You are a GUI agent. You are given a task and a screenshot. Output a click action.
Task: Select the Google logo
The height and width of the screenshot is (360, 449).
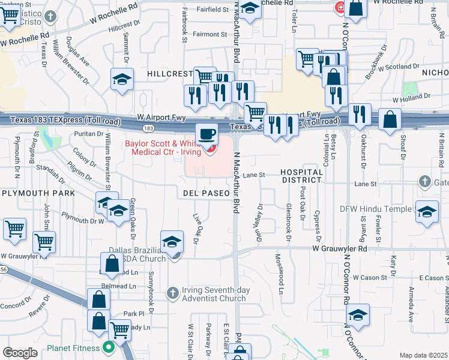tap(20, 353)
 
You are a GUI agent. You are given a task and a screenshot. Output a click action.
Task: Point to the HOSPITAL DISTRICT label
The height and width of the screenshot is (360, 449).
tap(302, 176)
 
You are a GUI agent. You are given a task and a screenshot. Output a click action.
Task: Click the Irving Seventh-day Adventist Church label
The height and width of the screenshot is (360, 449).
tap(207, 294)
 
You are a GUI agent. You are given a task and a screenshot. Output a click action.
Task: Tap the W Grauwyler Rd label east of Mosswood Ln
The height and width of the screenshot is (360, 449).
tap(339, 248)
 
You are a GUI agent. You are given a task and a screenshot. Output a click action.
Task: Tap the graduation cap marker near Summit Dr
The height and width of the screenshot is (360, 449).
tap(122, 80)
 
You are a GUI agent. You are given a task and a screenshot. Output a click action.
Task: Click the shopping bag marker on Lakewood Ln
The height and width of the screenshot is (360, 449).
tap(112, 263)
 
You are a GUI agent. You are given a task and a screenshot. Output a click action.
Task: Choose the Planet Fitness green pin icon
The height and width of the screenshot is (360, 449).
tap(108, 346)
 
